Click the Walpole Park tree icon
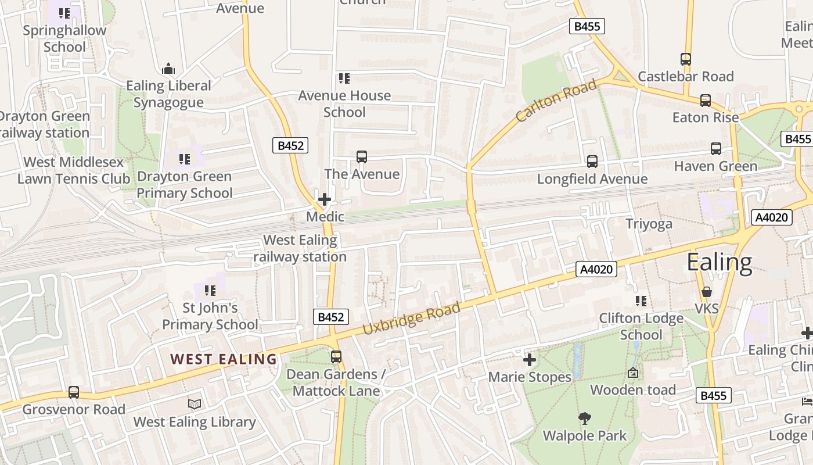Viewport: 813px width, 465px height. coord(585,418)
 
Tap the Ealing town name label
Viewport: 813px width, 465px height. coord(719,262)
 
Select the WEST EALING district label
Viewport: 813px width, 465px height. coord(224,359)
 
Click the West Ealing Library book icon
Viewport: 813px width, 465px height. coord(195,404)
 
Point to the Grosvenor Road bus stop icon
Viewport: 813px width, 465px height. coord(74,392)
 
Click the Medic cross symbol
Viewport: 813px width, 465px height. coord(325,200)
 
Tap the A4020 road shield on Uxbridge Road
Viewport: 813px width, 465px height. coord(596,269)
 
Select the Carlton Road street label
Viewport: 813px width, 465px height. coord(556,101)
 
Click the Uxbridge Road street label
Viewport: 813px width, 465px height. coord(411,319)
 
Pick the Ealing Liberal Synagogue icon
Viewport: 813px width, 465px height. coord(168,69)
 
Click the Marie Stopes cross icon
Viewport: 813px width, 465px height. coord(530,360)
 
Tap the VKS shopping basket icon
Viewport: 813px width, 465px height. coord(707,292)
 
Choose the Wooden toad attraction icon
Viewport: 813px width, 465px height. coord(633,373)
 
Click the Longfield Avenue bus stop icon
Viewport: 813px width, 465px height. coord(592,162)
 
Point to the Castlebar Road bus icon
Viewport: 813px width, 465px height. coord(686,59)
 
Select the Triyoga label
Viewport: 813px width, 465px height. coord(649,224)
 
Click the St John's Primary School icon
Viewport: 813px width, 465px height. coord(210,290)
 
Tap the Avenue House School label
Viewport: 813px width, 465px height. coord(344,103)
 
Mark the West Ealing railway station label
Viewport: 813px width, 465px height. coord(300,248)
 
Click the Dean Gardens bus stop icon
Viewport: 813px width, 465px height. coord(336,357)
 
